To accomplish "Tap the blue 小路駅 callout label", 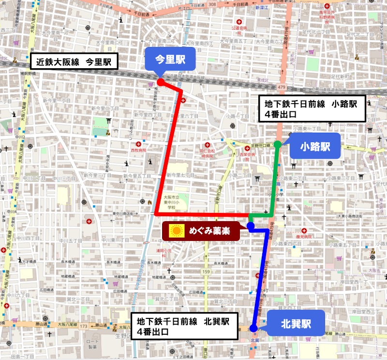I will [x=315, y=146].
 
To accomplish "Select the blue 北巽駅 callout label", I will [x=295, y=323].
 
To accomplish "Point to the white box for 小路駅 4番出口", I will [x=310, y=109].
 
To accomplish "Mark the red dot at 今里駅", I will [x=160, y=82].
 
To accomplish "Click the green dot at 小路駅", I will [x=278, y=145].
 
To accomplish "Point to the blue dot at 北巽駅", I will [x=253, y=329].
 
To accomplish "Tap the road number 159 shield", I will [x=207, y=272].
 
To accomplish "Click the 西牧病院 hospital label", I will [x=138, y=150].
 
